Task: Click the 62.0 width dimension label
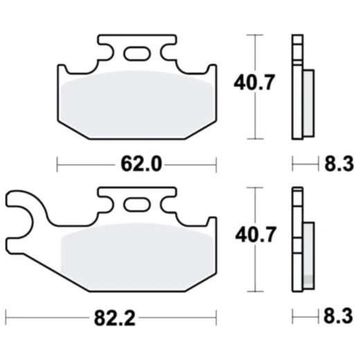click(136, 164)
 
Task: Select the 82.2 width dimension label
click(113, 318)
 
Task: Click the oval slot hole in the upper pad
click(136, 52)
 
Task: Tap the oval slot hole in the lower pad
click(136, 204)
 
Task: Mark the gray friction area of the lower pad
click(136, 256)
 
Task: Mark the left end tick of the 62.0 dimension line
click(57, 164)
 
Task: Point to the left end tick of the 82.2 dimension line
click(6, 318)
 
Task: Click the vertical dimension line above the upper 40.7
click(257, 52)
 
